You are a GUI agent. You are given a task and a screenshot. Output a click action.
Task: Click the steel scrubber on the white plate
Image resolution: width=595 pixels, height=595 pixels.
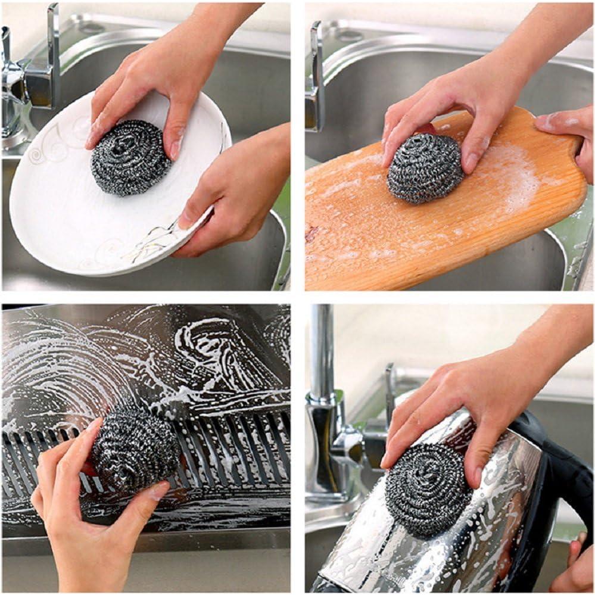(130, 157)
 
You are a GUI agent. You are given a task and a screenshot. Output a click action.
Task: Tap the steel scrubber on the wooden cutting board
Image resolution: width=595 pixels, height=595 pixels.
(425, 168)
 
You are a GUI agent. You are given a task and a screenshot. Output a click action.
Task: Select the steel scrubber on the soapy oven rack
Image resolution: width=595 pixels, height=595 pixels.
(135, 448)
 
